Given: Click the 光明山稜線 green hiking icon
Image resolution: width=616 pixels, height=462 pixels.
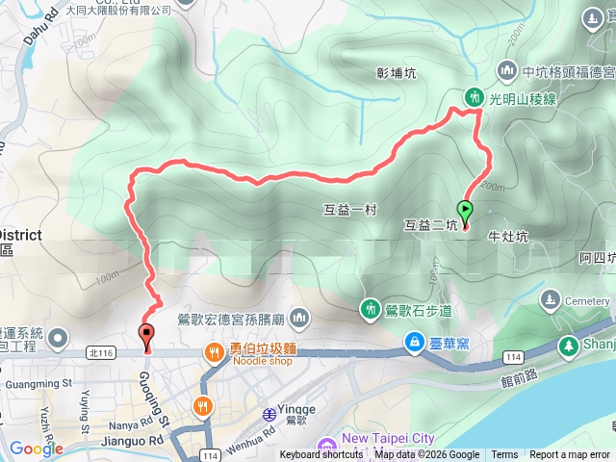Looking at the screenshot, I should pyautogui.click(x=474, y=96).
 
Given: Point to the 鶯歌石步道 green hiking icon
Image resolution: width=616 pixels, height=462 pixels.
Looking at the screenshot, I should pyautogui.click(x=372, y=308).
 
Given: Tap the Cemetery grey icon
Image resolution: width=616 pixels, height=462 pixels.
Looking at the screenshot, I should pyautogui.click(x=551, y=300).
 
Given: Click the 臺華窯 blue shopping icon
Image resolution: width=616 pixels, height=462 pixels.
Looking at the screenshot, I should pyautogui.click(x=413, y=343).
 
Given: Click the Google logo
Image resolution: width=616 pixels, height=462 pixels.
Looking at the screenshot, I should pyautogui.click(x=36, y=449).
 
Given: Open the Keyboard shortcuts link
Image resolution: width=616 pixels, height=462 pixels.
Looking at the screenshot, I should pyautogui.click(x=322, y=455).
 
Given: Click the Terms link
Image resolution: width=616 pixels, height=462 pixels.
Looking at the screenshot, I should pyautogui.click(x=503, y=455).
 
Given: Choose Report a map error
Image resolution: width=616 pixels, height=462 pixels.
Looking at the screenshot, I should pyautogui.click(x=570, y=455).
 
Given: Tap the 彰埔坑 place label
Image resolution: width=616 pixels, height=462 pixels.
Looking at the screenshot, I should pyautogui.click(x=397, y=72).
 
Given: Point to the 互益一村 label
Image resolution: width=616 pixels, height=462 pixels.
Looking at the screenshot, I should pyautogui.click(x=343, y=207).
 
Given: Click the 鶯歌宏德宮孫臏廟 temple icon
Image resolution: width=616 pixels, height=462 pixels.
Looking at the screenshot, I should pyautogui.click(x=299, y=318).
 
